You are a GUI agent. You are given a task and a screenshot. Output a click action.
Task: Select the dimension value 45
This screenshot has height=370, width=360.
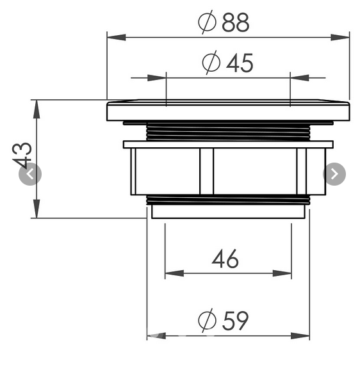pyautogui.click(x=239, y=63)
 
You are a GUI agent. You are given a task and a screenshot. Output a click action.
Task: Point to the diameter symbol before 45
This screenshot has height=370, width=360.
pyautogui.click(x=211, y=63)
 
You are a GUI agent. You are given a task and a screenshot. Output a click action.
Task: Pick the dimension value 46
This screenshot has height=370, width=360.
pyautogui.click(x=225, y=259)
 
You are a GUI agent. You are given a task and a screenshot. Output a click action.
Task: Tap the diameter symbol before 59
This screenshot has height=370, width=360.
pyautogui.click(x=206, y=320)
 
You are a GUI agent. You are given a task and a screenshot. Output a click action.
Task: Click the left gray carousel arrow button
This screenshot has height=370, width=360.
pyautogui.click(x=30, y=174)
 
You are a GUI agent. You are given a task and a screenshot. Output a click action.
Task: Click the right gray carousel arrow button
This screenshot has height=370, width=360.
pyautogui.click(x=334, y=173)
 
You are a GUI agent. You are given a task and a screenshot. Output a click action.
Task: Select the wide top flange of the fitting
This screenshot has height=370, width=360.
pyautogui.click(x=228, y=111)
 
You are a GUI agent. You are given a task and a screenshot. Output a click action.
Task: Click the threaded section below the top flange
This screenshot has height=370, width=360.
pyautogui.click(x=228, y=131)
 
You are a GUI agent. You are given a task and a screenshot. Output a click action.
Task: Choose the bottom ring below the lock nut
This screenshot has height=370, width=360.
pyautogui.click(x=228, y=210)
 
